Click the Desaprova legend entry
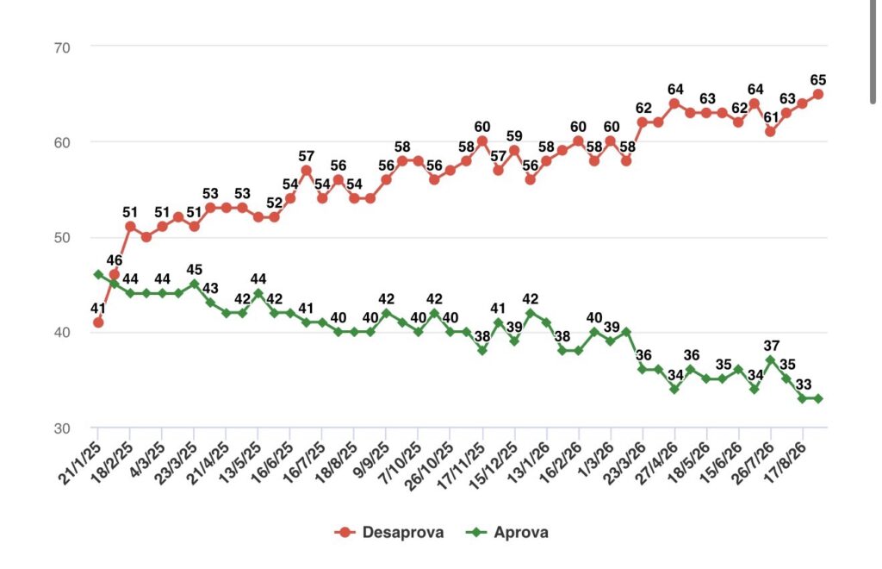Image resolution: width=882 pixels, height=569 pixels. (x=389, y=533)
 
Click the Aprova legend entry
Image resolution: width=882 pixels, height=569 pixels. (x=507, y=533)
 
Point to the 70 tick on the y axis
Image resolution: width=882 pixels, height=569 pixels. (x=62, y=47)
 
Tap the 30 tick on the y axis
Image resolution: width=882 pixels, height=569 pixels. (x=62, y=428)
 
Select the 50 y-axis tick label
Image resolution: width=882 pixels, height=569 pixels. (x=62, y=237)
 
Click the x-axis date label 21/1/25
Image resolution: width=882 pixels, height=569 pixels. (x=80, y=463)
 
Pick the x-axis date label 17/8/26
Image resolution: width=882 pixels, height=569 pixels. (x=786, y=463)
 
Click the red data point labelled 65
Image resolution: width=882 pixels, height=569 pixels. (x=818, y=95)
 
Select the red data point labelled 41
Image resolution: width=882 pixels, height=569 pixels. (x=98, y=322)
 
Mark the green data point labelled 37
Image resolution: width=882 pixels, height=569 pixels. (x=771, y=360)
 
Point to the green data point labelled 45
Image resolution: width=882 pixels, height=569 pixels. (x=195, y=284)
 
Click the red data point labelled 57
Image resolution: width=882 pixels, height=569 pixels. (x=307, y=171)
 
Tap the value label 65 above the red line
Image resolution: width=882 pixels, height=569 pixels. (x=818, y=80)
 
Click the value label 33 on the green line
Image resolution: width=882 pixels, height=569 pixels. (x=804, y=385)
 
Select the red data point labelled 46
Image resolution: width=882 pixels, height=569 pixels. (x=115, y=275)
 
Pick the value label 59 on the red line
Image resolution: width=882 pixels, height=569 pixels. (x=514, y=136)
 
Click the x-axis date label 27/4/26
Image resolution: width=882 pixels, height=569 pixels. (x=657, y=463)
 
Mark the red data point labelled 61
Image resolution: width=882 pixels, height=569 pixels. (x=771, y=132)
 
